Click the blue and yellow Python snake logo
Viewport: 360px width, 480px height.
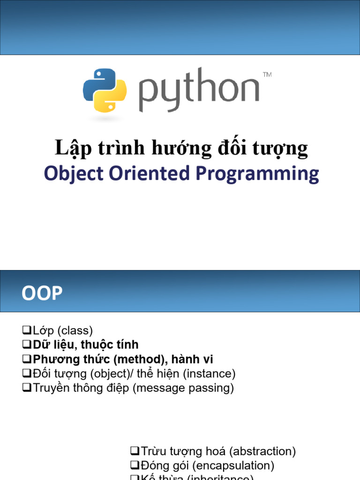point(105,90)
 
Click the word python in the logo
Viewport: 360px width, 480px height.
point(199,90)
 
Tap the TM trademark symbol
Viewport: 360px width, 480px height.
point(267,75)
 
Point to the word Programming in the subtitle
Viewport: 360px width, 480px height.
point(257,174)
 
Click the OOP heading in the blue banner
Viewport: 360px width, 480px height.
point(42,293)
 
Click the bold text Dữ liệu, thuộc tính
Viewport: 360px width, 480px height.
point(86,345)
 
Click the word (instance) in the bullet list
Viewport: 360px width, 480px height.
point(209,374)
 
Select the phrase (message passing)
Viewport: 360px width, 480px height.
point(183,389)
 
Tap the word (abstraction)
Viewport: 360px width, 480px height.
point(262,451)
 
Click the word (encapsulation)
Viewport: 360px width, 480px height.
point(239,466)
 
